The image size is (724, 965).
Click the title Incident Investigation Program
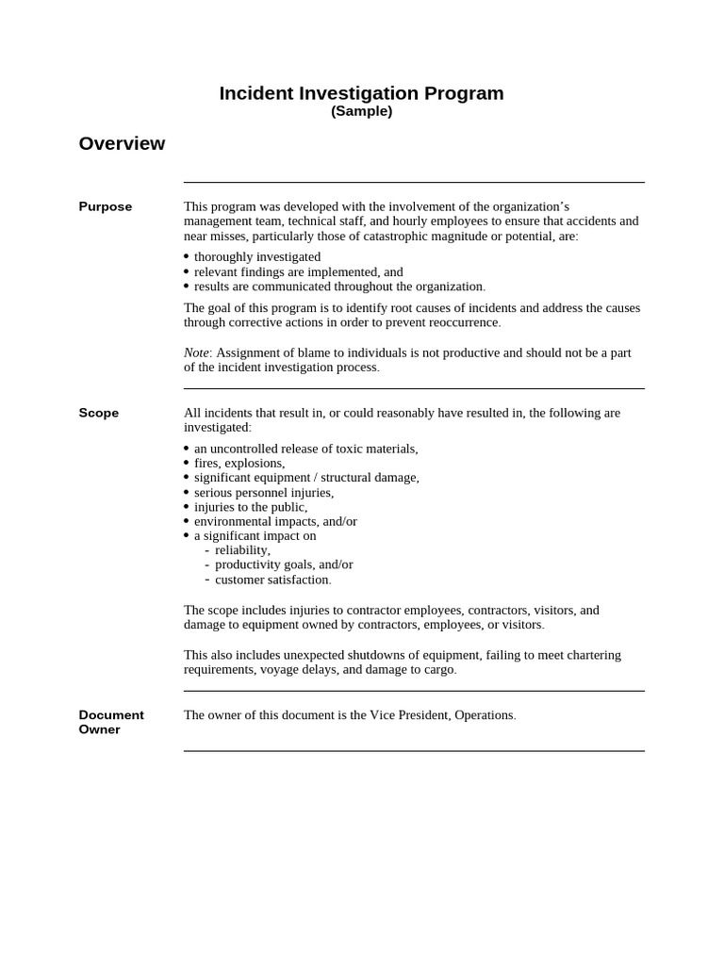[x=361, y=93]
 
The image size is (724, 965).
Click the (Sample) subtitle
[x=361, y=111]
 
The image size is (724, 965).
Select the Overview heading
[x=122, y=143]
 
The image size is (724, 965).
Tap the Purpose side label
[x=106, y=206]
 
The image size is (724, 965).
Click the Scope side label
[x=99, y=413]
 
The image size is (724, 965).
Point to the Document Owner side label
[x=110, y=722]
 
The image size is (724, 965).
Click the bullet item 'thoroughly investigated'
[x=256, y=256]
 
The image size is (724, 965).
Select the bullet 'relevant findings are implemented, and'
[x=298, y=271]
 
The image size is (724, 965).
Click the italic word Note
[x=195, y=352]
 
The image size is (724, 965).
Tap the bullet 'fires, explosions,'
[x=239, y=463]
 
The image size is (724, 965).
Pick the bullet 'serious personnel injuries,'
[x=263, y=492]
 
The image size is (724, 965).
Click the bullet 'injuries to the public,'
[x=250, y=507]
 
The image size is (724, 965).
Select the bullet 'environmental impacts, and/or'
[x=275, y=521]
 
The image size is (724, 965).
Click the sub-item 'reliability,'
[x=242, y=550]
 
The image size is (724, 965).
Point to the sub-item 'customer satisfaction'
[x=271, y=580]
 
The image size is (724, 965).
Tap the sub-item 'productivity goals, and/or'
[x=284, y=564]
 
